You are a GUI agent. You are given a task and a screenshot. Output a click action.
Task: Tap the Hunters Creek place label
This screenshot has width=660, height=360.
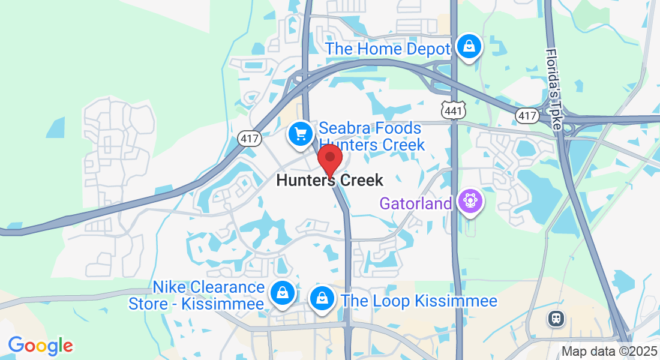coord(329,180)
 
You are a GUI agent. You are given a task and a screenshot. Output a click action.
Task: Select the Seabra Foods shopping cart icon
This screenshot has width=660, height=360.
coord(301,133)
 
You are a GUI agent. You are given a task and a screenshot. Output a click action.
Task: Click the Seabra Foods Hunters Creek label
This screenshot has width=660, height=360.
coord(371,136)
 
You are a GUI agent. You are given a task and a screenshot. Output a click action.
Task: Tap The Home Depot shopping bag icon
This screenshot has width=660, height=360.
coord(468,46)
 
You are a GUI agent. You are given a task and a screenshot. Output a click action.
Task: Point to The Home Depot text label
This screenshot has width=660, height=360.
coord(388,49)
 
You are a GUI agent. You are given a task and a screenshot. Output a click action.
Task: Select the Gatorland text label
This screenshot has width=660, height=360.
coord(415,204)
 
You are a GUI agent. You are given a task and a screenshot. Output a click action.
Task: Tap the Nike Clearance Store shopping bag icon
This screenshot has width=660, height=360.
coord(281,293)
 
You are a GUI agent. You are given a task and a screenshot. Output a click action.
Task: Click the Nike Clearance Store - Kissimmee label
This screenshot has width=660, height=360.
coord(197,296)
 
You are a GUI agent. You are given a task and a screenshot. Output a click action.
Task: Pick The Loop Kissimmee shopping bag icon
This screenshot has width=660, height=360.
coord(322,298)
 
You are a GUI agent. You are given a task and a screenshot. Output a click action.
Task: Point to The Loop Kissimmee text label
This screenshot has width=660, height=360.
coord(419,301)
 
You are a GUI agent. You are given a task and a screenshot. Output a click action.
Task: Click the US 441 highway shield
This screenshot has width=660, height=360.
coord(453,110)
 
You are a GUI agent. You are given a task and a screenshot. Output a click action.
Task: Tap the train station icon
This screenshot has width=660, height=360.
coord(556,318)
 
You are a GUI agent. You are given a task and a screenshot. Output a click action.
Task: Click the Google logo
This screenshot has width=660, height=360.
coord(41,346)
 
